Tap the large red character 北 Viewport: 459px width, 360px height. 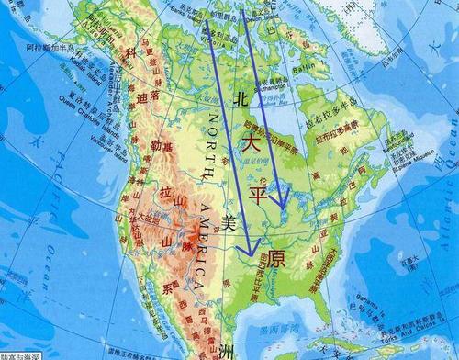click(242, 96)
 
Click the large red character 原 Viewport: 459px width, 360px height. click(276, 258)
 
